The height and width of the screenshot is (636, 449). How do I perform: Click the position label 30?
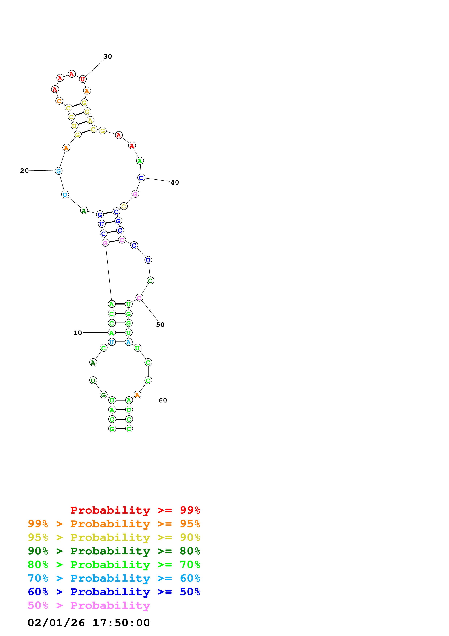coord(108,57)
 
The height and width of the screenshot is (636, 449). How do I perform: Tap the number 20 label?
coord(24,171)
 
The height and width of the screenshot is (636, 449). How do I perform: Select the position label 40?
coord(175,183)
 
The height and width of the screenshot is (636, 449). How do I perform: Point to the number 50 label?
coord(160,325)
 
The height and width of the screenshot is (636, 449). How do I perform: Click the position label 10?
coord(78,333)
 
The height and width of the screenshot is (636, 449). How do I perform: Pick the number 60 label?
coord(163,400)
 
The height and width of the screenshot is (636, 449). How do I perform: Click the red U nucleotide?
coord(82,79)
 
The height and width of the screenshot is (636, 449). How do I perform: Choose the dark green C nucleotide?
coord(150,281)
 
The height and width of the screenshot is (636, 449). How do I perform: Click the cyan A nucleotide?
coord(129,342)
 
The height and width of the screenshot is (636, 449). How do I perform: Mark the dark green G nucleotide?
coord(103,395)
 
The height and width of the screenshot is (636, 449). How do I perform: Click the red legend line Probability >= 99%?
coord(135,510)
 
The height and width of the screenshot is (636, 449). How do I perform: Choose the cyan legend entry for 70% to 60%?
coord(114,578)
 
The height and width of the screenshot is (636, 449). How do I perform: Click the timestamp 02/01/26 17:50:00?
coord(89,623)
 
